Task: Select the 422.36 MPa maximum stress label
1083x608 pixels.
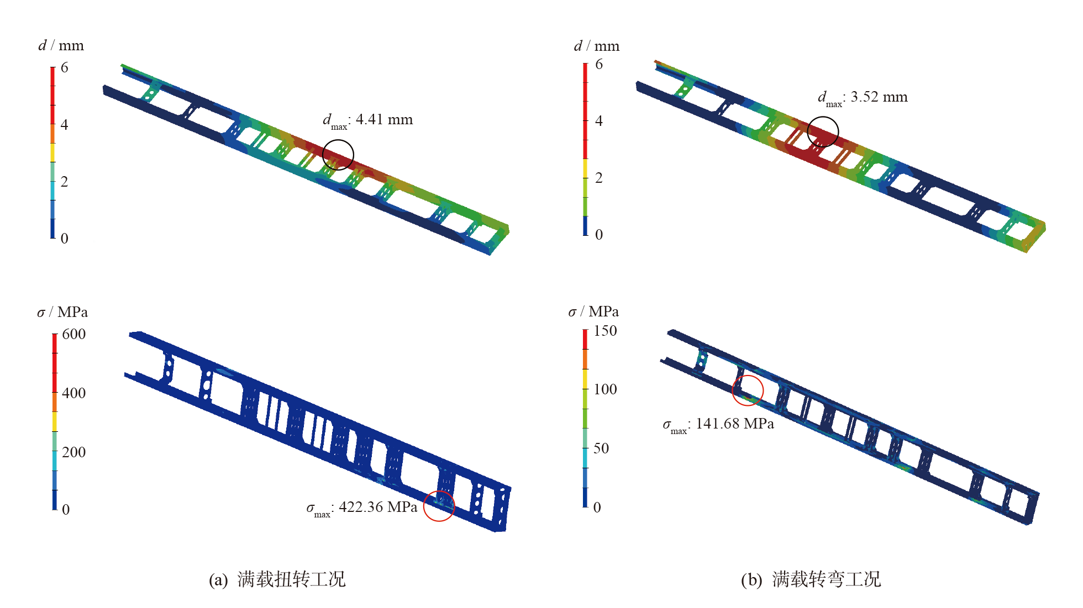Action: pyautogui.click(x=362, y=508)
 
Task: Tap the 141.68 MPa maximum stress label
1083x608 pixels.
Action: pyautogui.click(x=718, y=425)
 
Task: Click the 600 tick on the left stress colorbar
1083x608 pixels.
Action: pyautogui.click(x=74, y=334)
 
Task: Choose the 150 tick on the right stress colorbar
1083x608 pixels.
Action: pyautogui.click(x=605, y=331)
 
